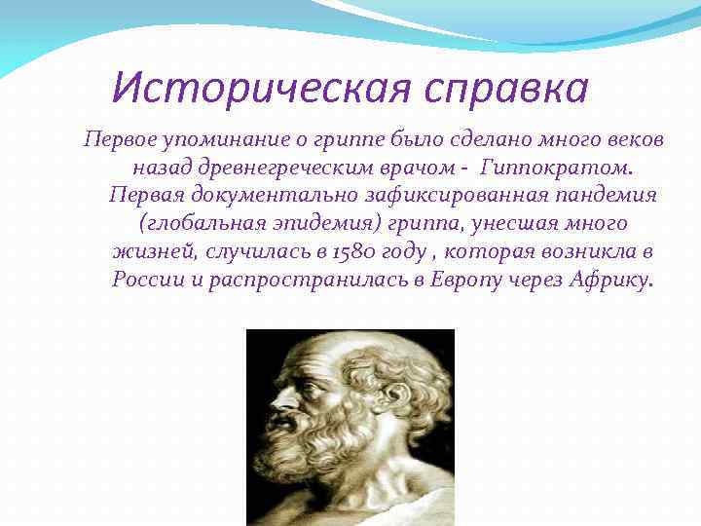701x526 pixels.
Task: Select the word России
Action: pos(147,281)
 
